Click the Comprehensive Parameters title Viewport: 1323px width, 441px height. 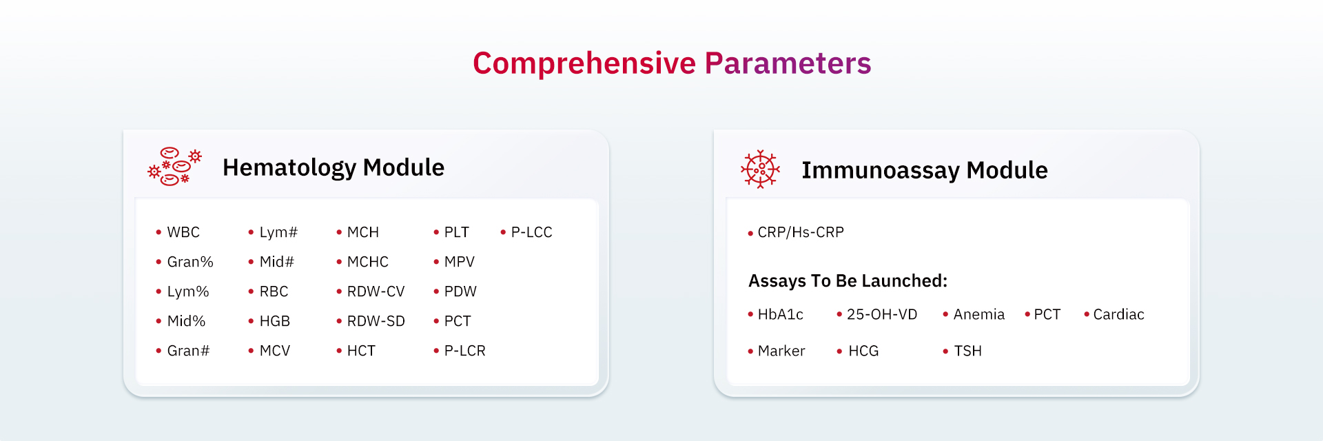click(x=672, y=63)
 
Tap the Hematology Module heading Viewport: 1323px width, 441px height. click(x=334, y=167)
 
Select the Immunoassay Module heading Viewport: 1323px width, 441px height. click(x=925, y=170)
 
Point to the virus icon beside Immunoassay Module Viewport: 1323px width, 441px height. click(x=760, y=169)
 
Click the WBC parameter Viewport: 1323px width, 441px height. click(x=183, y=232)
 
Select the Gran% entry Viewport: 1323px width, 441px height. click(x=190, y=262)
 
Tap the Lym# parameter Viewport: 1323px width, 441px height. click(x=278, y=232)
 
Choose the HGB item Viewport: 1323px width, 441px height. click(x=275, y=321)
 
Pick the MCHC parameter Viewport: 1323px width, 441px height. click(x=368, y=262)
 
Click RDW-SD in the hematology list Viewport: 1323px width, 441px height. click(x=376, y=321)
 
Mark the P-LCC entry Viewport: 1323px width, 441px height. click(x=531, y=232)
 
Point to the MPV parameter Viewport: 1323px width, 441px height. click(x=460, y=262)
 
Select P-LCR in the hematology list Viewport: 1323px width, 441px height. click(x=465, y=351)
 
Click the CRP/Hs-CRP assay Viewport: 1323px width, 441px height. click(x=801, y=232)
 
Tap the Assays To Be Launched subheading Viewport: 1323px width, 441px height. click(x=848, y=281)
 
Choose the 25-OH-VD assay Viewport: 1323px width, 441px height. click(x=882, y=314)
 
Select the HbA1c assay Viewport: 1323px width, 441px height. click(x=781, y=314)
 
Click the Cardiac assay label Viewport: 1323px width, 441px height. click(x=1118, y=314)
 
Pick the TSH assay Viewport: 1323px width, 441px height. click(x=968, y=351)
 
